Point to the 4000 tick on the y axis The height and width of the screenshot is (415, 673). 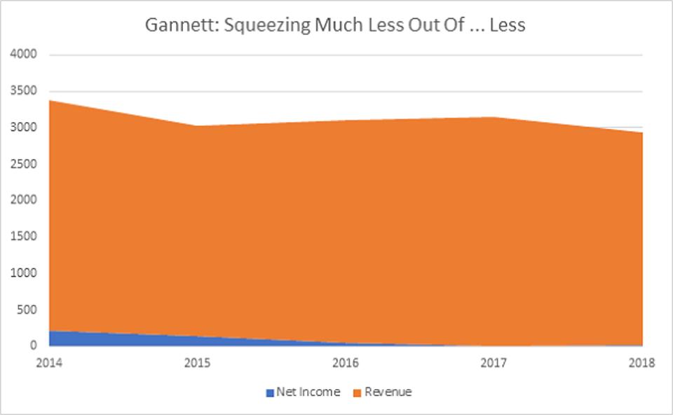click(24, 55)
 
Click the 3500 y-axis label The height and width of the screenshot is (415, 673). click(24, 91)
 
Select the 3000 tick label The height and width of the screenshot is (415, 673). click(24, 128)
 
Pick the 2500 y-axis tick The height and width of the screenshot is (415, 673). click(24, 164)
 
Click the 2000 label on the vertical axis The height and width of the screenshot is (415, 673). click(24, 200)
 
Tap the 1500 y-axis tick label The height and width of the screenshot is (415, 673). click(24, 237)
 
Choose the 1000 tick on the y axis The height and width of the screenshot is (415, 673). click(24, 273)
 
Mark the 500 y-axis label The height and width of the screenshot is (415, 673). click(27, 310)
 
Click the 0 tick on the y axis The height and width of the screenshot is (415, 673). click(34, 346)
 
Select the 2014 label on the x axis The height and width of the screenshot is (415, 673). click(49, 363)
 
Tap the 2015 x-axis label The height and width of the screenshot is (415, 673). click(198, 363)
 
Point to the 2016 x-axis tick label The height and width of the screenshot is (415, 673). click(346, 363)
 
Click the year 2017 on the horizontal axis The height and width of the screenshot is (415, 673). click(495, 363)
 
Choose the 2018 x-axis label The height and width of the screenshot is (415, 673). click(642, 363)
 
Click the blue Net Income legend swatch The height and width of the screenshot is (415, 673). click(270, 393)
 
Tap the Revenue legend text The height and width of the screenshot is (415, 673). click(388, 392)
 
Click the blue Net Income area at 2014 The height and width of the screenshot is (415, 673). click(56, 339)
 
